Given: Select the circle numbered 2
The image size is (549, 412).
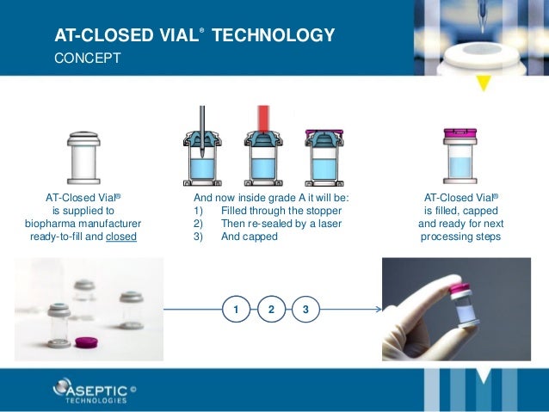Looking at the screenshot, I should [270, 308].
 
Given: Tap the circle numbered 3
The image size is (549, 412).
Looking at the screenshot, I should [305, 308].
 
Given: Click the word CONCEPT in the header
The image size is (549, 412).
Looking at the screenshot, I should [88, 59].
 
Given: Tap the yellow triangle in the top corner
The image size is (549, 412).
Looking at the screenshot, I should [484, 83].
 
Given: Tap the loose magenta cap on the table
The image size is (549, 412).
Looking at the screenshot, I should [85, 341].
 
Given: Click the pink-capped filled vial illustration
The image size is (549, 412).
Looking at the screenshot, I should [460, 155].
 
